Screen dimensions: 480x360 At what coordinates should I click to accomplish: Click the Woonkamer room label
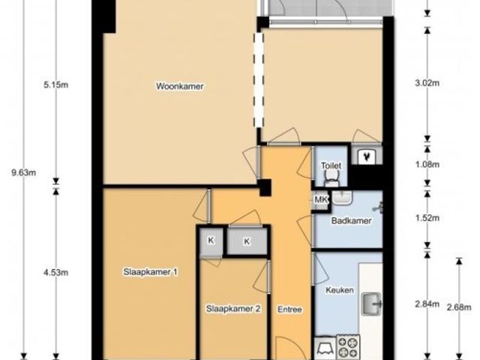[x=180, y=86]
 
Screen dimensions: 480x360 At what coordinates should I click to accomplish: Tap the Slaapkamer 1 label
[x=150, y=271]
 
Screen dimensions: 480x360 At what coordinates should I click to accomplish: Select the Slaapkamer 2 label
[x=233, y=309]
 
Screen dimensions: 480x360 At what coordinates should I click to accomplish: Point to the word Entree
[x=289, y=310]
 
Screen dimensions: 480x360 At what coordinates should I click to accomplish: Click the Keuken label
[x=340, y=290]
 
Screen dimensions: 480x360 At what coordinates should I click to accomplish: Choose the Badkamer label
[x=352, y=220]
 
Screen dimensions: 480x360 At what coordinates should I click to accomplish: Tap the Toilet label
[x=331, y=166]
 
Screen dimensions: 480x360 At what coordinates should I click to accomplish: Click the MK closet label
[x=321, y=200]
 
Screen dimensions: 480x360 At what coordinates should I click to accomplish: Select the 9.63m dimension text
[x=23, y=173]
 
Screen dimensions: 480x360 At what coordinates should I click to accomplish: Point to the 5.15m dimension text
[x=55, y=85]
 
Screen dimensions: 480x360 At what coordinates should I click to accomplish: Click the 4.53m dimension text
[x=55, y=272]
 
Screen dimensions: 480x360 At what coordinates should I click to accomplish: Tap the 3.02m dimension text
[x=427, y=83]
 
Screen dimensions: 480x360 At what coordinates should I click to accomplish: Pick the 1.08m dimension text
[x=427, y=165]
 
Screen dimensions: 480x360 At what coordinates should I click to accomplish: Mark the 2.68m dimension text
[x=459, y=307]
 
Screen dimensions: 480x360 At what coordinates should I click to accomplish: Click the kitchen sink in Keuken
[x=372, y=304]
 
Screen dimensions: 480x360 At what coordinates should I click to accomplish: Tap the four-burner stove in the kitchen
[x=348, y=347]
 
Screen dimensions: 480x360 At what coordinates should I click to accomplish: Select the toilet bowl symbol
[x=331, y=178]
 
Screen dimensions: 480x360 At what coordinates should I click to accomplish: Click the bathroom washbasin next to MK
[x=343, y=197]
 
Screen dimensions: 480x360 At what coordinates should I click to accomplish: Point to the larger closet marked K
[x=247, y=241]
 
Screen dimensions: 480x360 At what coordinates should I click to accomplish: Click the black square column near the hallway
[x=265, y=187]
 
